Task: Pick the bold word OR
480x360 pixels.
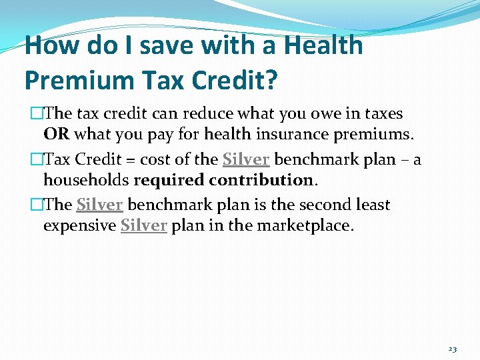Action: click(x=57, y=135)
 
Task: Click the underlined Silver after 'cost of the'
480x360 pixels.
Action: click(x=246, y=160)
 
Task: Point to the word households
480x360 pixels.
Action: click(x=86, y=180)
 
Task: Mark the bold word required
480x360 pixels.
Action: click(x=169, y=180)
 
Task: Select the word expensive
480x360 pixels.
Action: click(x=79, y=225)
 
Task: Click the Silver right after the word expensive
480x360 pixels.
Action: click(x=143, y=225)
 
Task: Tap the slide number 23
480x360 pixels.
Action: click(x=452, y=349)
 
